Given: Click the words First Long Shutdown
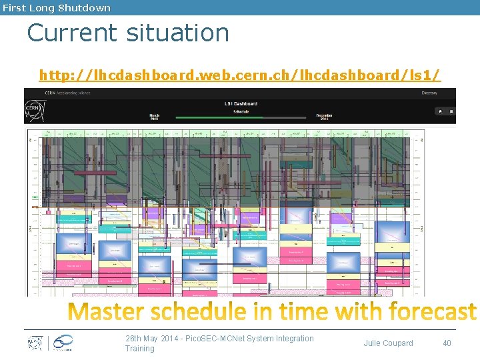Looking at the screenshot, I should pos(56,8).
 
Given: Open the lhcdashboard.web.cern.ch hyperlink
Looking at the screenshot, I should pos(240,75).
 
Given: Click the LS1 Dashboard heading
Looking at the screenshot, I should pos(241,103).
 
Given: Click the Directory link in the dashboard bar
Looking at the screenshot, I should pos(429,93).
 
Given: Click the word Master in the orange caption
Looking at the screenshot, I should pos(110,312).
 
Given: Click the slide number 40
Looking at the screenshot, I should pos(447,343).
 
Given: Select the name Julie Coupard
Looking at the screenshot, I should pos(388,343).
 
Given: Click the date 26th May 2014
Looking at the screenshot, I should pos(153,339).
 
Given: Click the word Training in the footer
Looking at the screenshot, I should pos(139,349).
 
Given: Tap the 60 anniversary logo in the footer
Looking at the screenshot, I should pos(62,343).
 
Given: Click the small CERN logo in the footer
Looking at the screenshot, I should pos(35,343).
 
